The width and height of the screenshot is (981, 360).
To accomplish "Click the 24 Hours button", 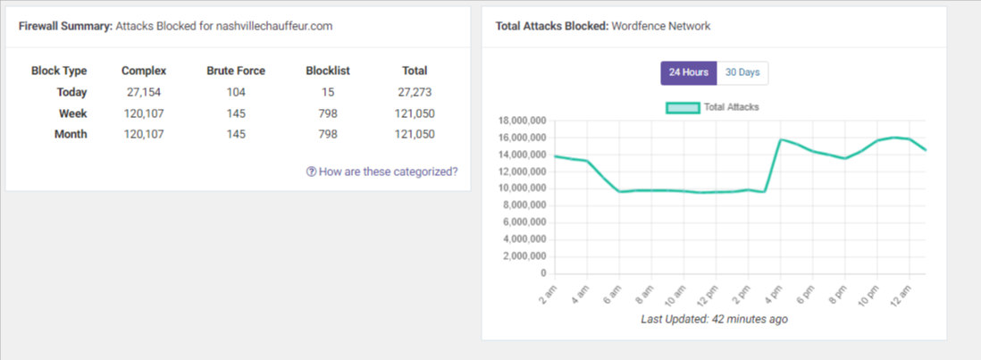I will pos(688,72).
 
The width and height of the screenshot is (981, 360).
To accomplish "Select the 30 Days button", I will pos(742,72).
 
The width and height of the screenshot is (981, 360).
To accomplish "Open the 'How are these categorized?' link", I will pos(381,172).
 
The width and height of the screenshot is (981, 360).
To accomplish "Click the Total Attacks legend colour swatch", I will pos(683,107).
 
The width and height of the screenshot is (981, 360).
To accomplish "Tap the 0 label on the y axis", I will pos(542,273).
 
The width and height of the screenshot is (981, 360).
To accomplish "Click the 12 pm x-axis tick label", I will pos(704,295).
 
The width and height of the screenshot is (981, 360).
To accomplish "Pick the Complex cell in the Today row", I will pos(144,92).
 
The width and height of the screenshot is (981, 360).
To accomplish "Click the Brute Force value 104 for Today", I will pos(236,92).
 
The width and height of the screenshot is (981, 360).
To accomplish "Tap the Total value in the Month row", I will pos(414,135).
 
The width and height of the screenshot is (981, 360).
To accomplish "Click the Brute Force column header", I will pos(236,71).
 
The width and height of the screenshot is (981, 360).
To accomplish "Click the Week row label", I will pos(72,113).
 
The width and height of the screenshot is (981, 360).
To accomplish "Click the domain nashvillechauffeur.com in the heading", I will pos(273,26).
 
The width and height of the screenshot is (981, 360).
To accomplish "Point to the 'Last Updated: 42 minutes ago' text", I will pos(714,319).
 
